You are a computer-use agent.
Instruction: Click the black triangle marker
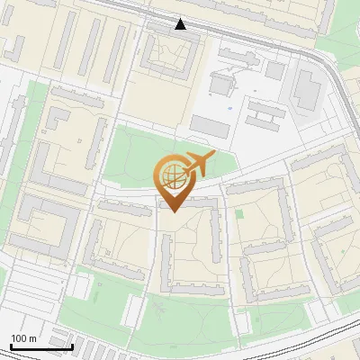tap(181, 24)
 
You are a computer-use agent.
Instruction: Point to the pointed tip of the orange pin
tap(172, 211)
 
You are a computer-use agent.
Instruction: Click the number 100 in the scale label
tap(20, 338)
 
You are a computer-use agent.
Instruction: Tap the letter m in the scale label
tap(33, 338)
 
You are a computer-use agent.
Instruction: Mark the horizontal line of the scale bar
tap(41, 346)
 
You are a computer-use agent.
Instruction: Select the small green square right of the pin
tap(239, 213)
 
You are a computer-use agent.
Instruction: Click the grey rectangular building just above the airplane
tap(210, 126)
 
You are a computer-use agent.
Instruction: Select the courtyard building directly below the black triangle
tap(168, 54)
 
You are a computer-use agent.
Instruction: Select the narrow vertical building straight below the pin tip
tap(166, 261)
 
